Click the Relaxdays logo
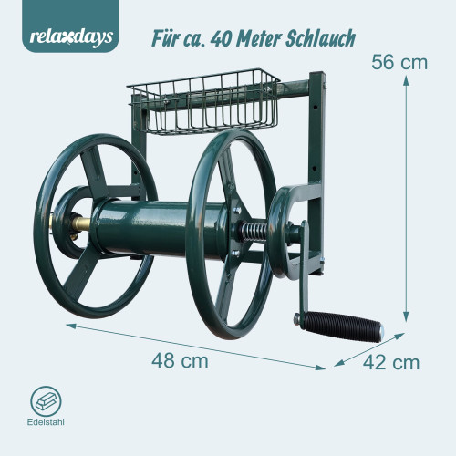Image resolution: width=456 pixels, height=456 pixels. [71, 37]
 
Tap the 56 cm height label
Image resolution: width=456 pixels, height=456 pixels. [399, 62]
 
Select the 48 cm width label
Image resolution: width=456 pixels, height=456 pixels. [180, 360]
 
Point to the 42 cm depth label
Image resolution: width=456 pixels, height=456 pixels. [391, 362]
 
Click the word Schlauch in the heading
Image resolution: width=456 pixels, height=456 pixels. [320, 38]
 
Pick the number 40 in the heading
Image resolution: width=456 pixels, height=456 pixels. [220, 39]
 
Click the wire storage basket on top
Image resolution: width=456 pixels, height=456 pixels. [203, 102]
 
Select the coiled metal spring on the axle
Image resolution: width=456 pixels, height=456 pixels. [253, 232]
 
